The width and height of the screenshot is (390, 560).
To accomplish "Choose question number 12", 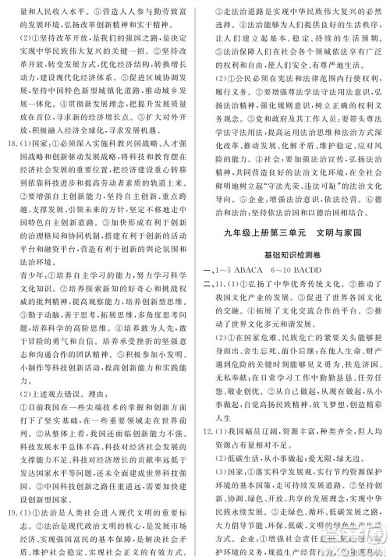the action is coord(212,453).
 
